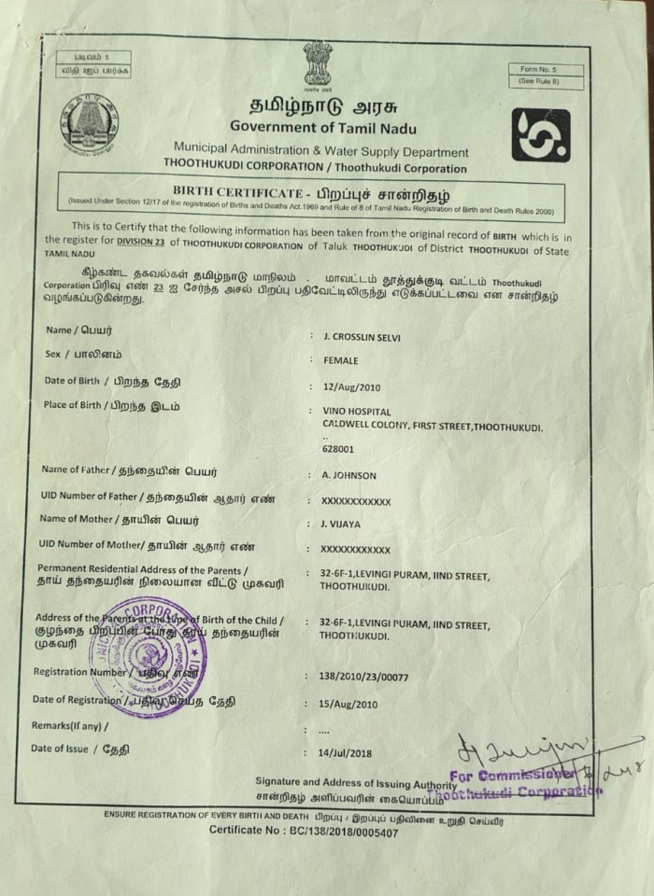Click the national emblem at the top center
317,64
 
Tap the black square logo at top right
540,135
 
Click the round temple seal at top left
90,122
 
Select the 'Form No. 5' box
546,70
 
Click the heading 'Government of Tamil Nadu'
323,128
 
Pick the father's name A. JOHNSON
348,475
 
